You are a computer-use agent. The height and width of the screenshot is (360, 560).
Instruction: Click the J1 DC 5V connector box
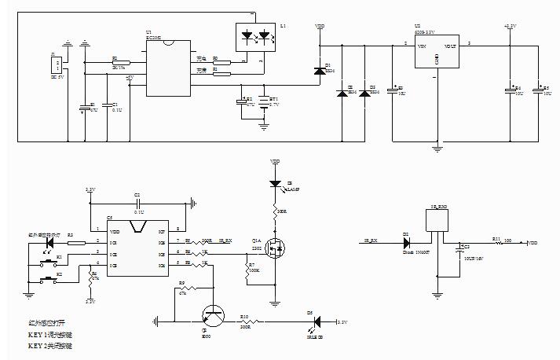(x=55, y=66)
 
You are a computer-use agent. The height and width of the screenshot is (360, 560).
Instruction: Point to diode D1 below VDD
(x=319, y=72)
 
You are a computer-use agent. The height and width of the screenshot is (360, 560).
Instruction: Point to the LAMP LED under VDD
(x=276, y=184)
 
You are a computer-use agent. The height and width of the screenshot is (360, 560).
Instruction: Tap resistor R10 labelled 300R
(x=246, y=321)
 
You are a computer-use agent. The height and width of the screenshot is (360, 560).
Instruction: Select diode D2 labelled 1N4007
(x=406, y=240)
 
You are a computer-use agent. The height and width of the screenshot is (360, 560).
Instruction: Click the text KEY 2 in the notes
(x=38, y=345)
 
